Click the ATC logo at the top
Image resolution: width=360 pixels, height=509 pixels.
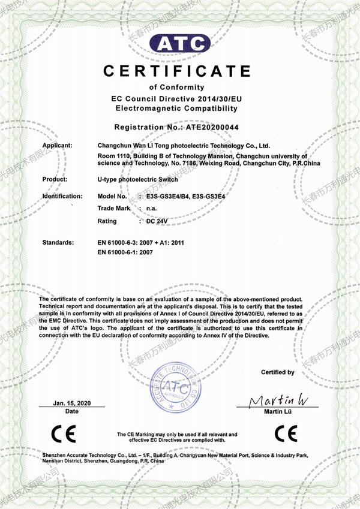[x=179, y=44]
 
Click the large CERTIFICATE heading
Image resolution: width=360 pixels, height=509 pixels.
[x=177, y=71]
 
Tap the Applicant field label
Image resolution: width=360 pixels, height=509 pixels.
[x=58, y=146]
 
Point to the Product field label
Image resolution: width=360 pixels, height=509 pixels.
[x=55, y=179]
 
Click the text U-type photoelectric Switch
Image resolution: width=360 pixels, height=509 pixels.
[x=137, y=179]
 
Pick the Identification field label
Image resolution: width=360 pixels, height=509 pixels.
[x=62, y=196]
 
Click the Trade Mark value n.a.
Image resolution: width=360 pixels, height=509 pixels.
[x=152, y=208]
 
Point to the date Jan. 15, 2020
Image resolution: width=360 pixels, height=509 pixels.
[x=71, y=402]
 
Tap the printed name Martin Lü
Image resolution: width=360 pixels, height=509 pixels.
[x=277, y=411]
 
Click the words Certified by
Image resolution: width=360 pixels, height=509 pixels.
[x=278, y=372]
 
